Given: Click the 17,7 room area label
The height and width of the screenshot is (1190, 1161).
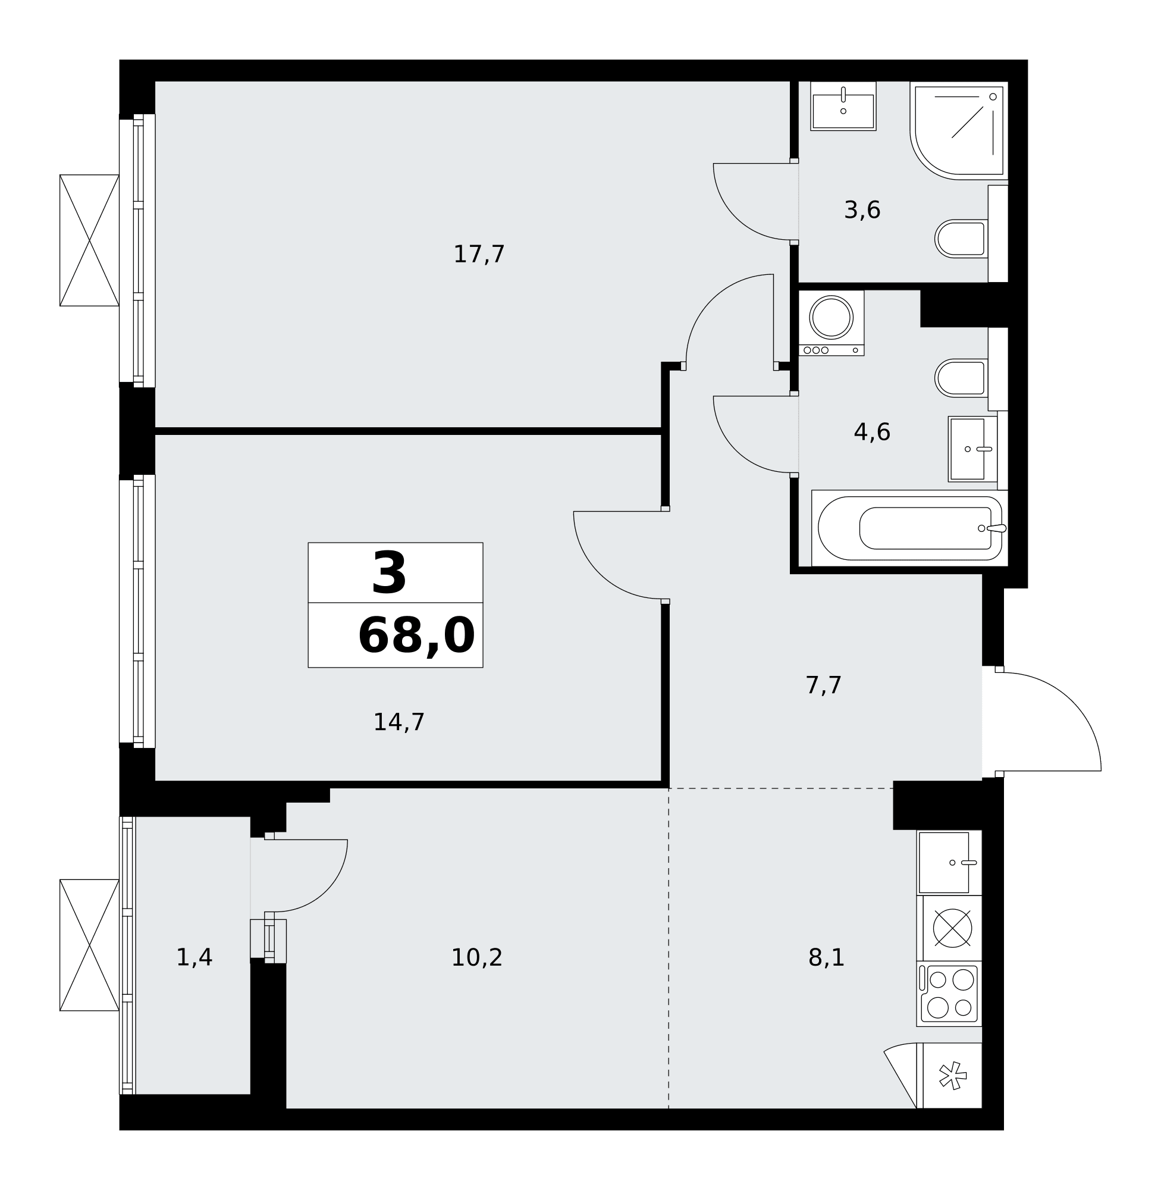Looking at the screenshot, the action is [x=479, y=254].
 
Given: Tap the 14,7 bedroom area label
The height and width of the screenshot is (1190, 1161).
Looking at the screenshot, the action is [x=398, y=722].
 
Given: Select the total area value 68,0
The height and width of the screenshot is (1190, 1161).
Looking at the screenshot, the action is [x=416, y=636].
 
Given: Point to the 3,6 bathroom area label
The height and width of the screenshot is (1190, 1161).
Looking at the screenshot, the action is [x=862, y=210].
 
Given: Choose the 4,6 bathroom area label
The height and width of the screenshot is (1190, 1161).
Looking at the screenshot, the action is [x=872, y=433].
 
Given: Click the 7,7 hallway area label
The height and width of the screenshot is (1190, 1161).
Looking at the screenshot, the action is [x=823, y=685].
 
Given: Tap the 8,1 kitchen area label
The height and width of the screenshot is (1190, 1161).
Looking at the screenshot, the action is [x=826, y=957].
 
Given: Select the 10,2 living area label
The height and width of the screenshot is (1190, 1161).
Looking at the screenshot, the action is [x=476, y=957].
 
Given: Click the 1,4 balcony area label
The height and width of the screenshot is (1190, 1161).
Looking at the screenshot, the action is [x=194, y=957].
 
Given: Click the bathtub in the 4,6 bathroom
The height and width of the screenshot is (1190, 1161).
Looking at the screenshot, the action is [x=909, y=528].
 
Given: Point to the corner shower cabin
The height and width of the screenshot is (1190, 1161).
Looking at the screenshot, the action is [x=959, y=130].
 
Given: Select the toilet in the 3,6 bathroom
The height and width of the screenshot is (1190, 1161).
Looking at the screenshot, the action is [x=961, y=239].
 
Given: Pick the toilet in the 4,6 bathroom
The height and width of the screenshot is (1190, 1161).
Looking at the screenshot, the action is [x=961, y=378].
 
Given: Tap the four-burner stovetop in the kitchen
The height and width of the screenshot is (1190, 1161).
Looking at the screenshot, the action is [x=949, y=995].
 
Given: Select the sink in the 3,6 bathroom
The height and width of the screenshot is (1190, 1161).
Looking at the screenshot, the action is [x=843, y=106].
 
